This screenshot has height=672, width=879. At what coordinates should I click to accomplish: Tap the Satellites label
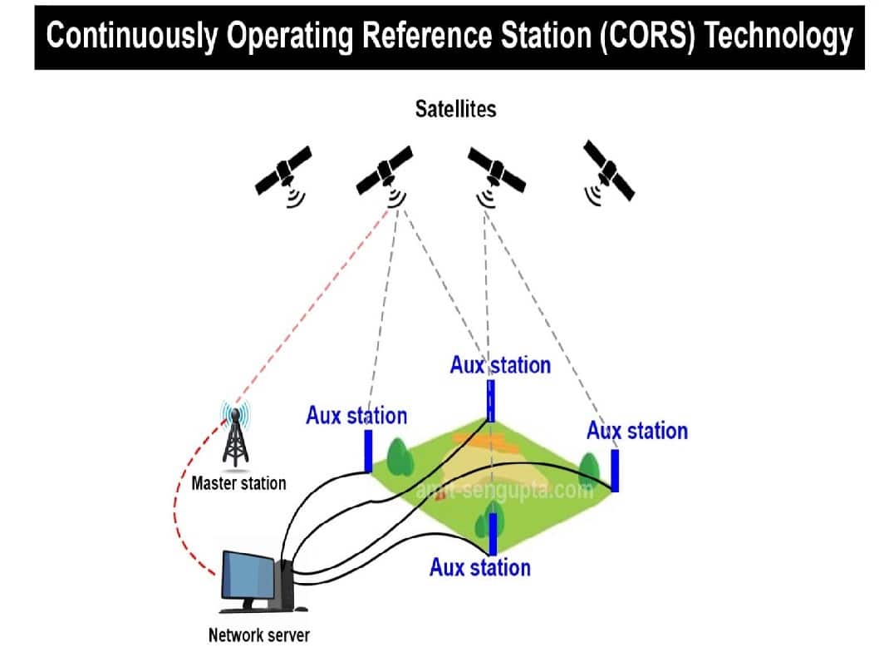[x=455, y=109]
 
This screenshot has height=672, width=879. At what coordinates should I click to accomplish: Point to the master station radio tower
[x=236, y=437]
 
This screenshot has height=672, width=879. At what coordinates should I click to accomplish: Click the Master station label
[x=238, y=483]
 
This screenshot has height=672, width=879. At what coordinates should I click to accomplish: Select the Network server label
[x=258, y=636]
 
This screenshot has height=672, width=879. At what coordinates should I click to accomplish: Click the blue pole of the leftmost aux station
[x=367, y=450]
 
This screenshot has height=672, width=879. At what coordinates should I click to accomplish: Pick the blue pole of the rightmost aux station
[x=615, y=470]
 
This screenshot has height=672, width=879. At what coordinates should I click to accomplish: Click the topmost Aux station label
[x=500, y=365]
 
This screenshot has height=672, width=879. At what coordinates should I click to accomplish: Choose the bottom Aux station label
[x=479, y=568]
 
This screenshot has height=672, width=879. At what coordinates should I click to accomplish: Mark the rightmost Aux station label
[x=637, y=431]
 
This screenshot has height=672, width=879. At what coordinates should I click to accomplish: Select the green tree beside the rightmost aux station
[x=590, y=469]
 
